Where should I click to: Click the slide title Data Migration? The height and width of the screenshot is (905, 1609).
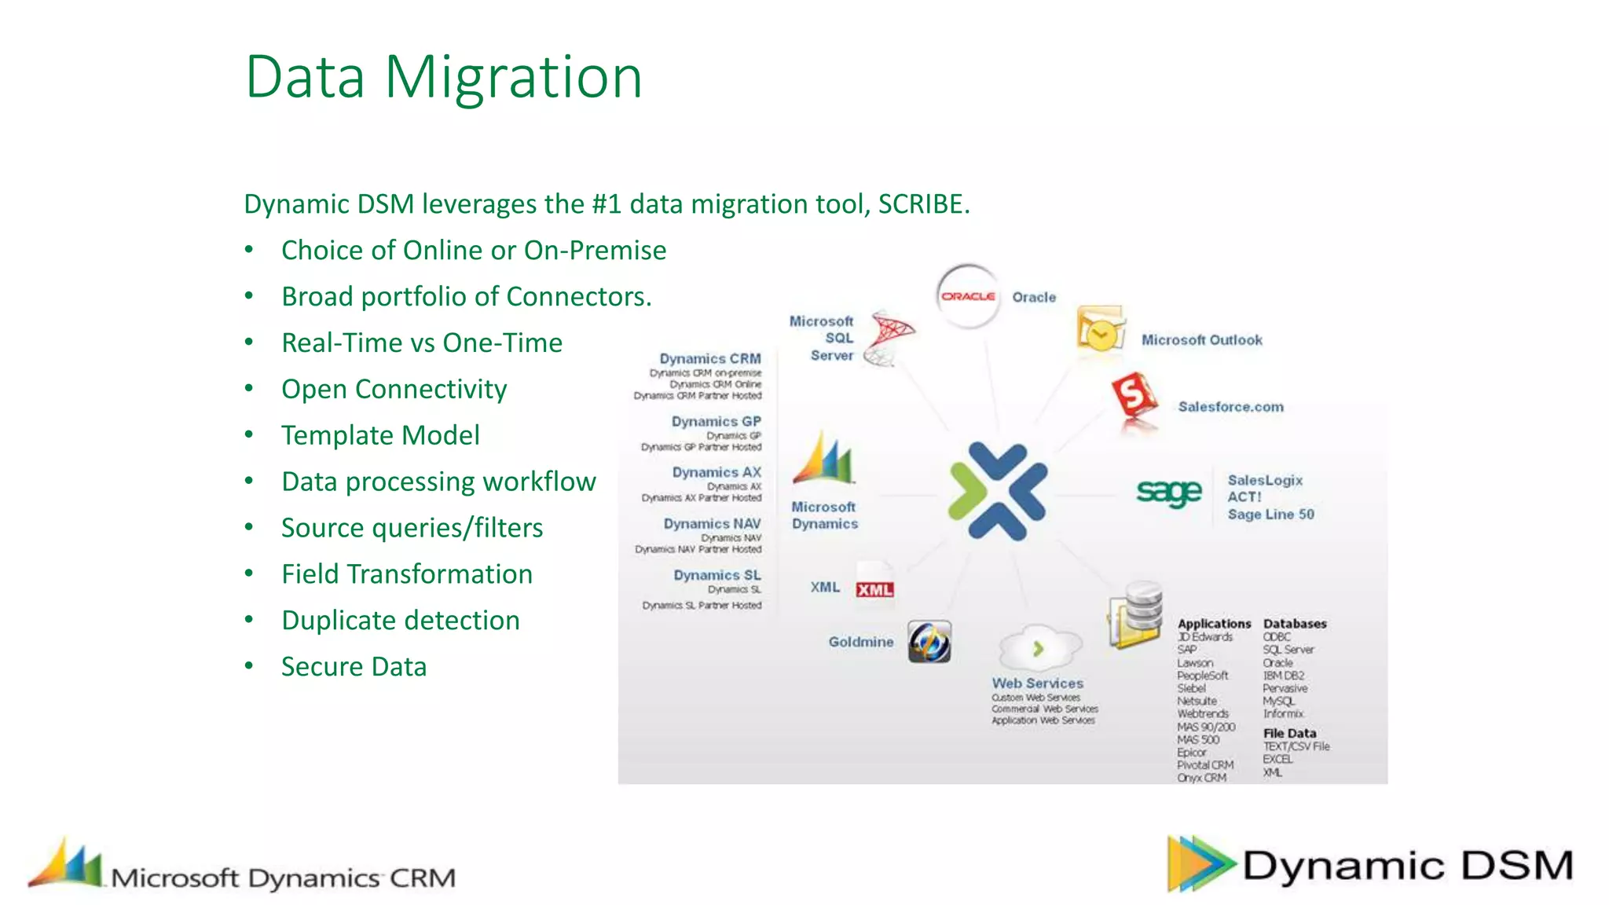[x=444, y=77]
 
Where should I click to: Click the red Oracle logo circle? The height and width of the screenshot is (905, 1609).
[x=969, y=296]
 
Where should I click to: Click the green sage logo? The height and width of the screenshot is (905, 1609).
[x=1169, y=492]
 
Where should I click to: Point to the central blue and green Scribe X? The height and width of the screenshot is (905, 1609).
[x=998, y=491]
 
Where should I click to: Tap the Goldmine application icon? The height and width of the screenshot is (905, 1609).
[x=929, y=642]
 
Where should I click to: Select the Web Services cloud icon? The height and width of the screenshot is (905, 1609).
[x=1039, y=648]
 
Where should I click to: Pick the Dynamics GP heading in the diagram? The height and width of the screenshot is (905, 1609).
[x=716, y=422]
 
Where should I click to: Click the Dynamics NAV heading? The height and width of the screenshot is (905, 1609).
[x=712, y=524]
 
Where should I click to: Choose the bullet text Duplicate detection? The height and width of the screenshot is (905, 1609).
[x=401, y=621]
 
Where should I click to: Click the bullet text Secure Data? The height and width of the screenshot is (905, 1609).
[x=354, y=667]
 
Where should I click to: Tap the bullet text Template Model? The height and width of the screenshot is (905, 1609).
[x=380, y=435]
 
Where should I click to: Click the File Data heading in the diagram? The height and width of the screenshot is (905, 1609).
[x=1289, y=733]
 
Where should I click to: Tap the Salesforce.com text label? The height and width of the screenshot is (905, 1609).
[x=1230, y=407]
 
